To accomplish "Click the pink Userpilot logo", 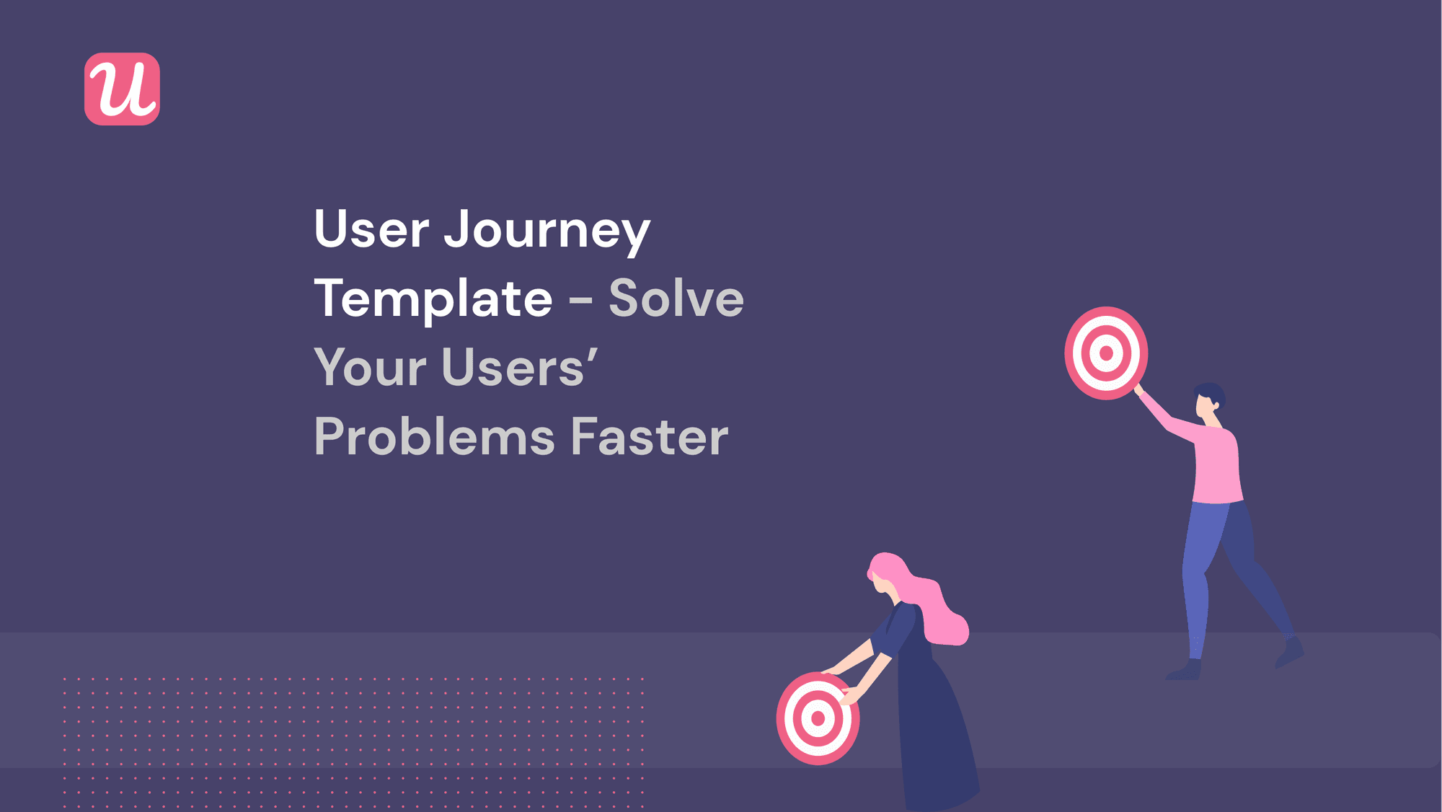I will pos(122,89).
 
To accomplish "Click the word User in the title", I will pos(371,229).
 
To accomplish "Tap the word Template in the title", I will pos(433,299).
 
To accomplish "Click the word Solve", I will pos(676,299).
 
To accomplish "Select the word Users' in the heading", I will pos(519,368).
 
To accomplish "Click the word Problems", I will pos(435,437).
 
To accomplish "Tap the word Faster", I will pos(650,437).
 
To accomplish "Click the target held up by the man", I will pos(1106,353).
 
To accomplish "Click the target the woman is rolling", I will pos(817,718).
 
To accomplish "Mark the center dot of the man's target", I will pos(1106,353).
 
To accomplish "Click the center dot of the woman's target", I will pos(818,718).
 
